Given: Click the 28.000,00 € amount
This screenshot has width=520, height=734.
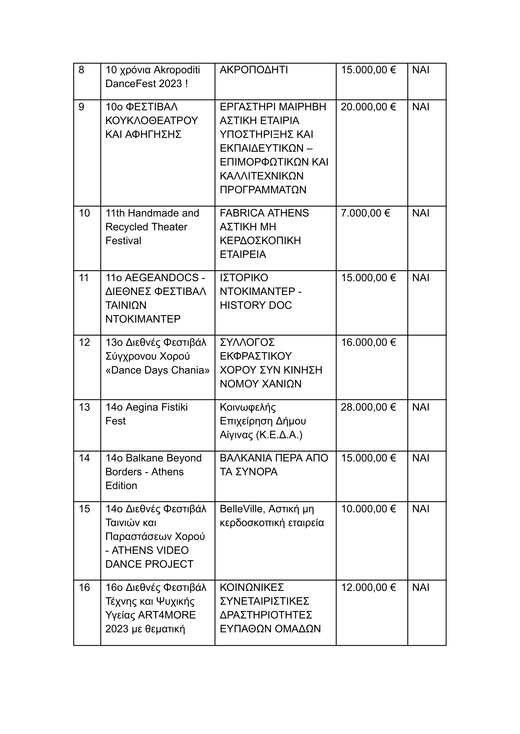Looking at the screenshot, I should (368, 407).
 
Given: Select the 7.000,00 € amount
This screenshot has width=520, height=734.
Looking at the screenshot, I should (365, 213).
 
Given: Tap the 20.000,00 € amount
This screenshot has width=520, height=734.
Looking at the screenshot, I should (368, 107).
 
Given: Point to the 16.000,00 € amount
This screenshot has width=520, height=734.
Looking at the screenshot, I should (368, 342).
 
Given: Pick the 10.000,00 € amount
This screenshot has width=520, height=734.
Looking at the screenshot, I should (368, 509).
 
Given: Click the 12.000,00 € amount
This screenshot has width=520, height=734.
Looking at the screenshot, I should (368, 587).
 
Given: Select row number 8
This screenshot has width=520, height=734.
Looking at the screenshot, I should (81, 70).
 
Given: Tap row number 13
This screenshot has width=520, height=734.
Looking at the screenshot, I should (84, 407).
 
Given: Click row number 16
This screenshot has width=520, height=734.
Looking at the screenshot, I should (84, 587).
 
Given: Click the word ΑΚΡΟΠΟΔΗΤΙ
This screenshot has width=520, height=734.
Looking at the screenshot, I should (254, 70).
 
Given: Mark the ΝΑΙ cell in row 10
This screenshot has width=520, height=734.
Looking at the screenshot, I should (420, 213).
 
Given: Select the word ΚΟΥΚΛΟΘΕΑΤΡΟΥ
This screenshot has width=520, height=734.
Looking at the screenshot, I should (152, 121).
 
